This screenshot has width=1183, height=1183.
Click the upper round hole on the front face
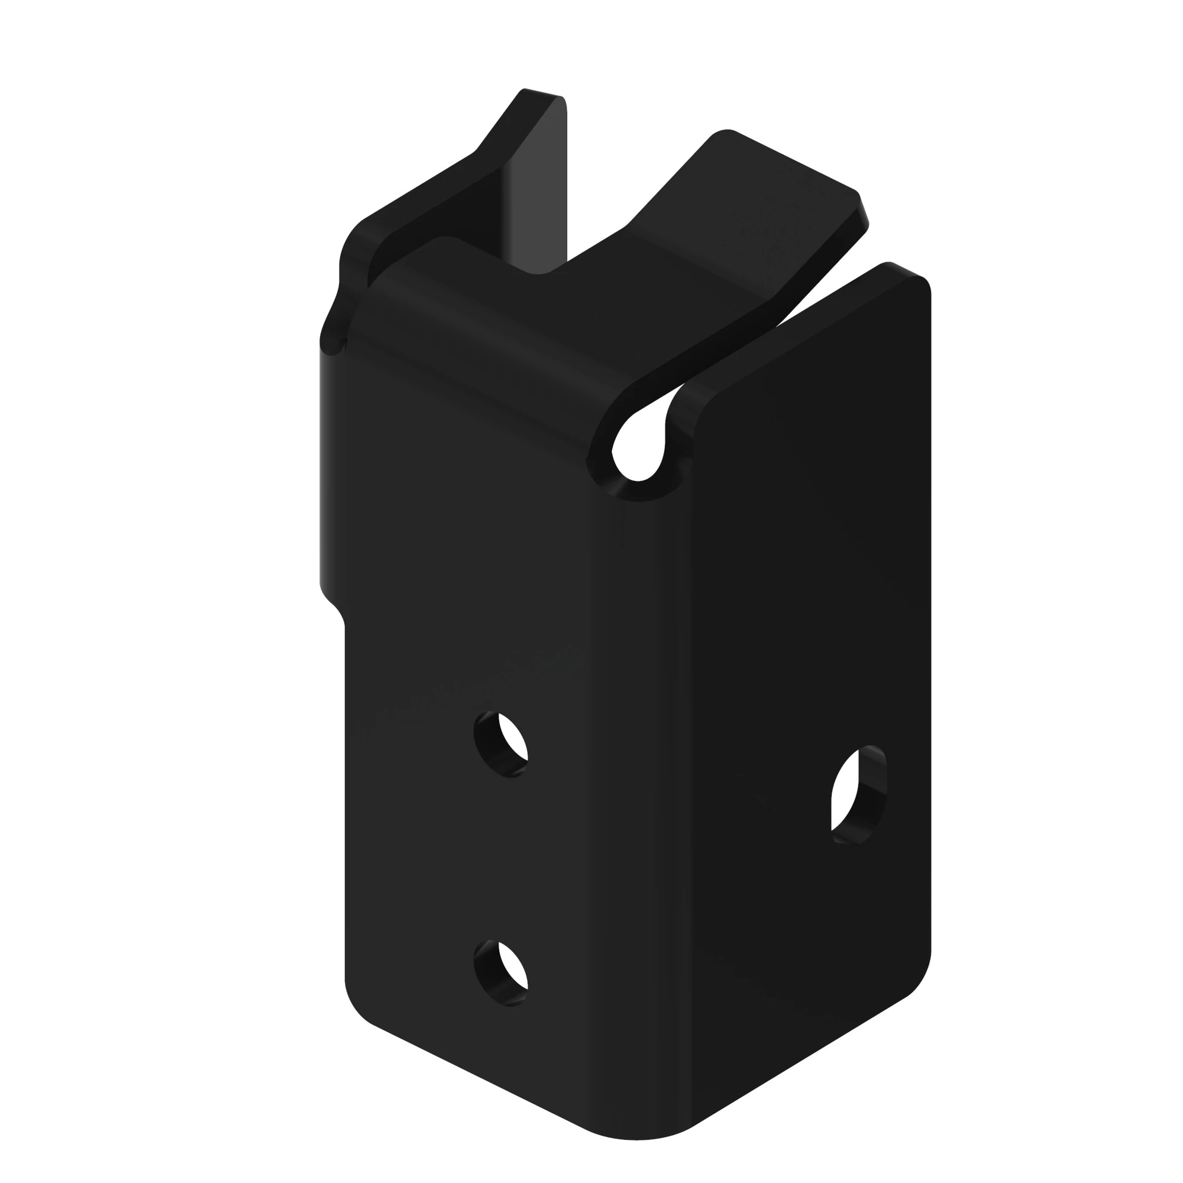point(502,744)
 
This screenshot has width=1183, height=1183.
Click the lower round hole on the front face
point(502,973)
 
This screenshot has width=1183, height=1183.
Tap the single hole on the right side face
point(858,796)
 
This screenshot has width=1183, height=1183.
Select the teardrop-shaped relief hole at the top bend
point(639,444)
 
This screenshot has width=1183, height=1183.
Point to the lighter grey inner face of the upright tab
point(536,196)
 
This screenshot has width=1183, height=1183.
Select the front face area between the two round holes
point(502,857)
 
